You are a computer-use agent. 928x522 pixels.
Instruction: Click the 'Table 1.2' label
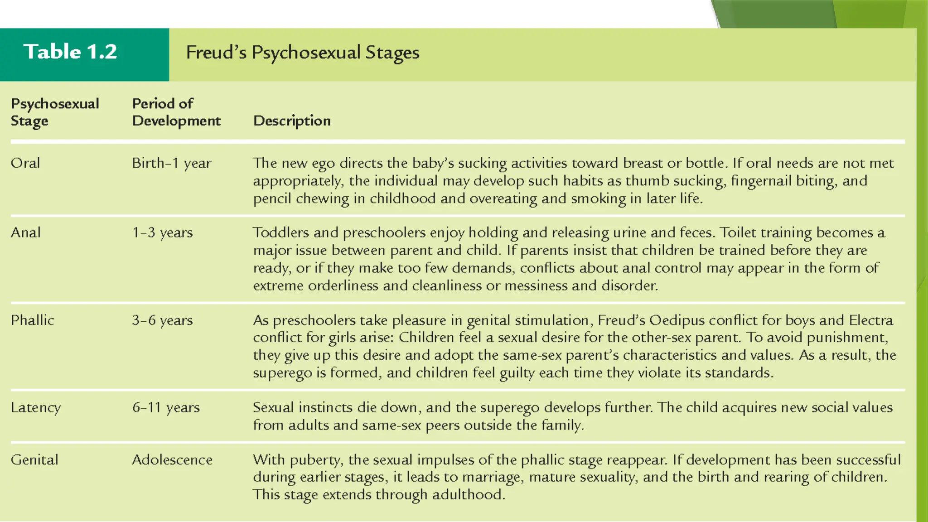pyautogui.click(x=70, y=52)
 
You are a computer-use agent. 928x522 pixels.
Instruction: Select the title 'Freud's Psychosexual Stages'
pyautogui.click(x=303, y=53)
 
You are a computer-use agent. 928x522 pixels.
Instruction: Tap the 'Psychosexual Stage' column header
pyautogui.click(x=54, y=112)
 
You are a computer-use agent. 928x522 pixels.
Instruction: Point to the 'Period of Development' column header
pyautogui.click(x=176, y=112)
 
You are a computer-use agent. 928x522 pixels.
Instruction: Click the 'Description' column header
pyautogui.click(x=292, y=121)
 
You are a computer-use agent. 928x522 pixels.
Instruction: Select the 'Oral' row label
pyautogui.click(x=25, y=163)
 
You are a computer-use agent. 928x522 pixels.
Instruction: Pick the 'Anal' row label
pyautogui.click(x=26, y=232)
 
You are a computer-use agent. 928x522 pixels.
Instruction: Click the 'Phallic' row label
pyautogui.click(x=33, y=320)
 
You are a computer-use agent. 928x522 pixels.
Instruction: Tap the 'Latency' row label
pyautogui.click(x=36, y=408)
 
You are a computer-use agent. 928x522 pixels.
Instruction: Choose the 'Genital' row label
pyautogui.click(x=34, y=460)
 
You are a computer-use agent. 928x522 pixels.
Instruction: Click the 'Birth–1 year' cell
pyautogui.click(x=172, y=163)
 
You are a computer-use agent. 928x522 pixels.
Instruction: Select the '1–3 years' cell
pyautogui.click(x=162, y=233)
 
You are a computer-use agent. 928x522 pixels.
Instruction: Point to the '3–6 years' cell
pyautogui.click(x=162, y=320)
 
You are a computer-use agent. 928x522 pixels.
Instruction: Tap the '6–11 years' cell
pyautogui.click(x=166, y=408)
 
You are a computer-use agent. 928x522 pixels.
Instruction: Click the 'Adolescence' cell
pyautogui.click(x=172, y=460)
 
